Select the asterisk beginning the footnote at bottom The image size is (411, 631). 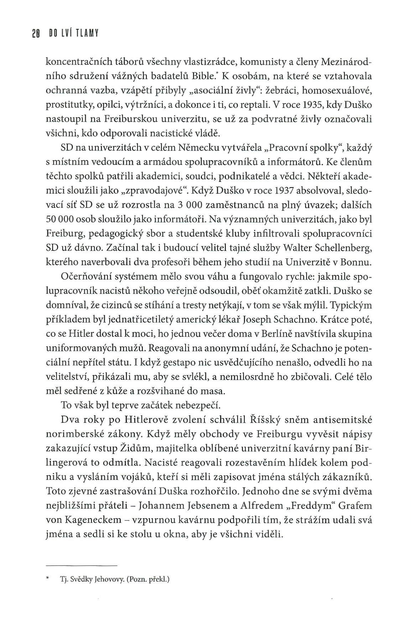click(47, 579)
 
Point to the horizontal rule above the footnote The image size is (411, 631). click(82, 566)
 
